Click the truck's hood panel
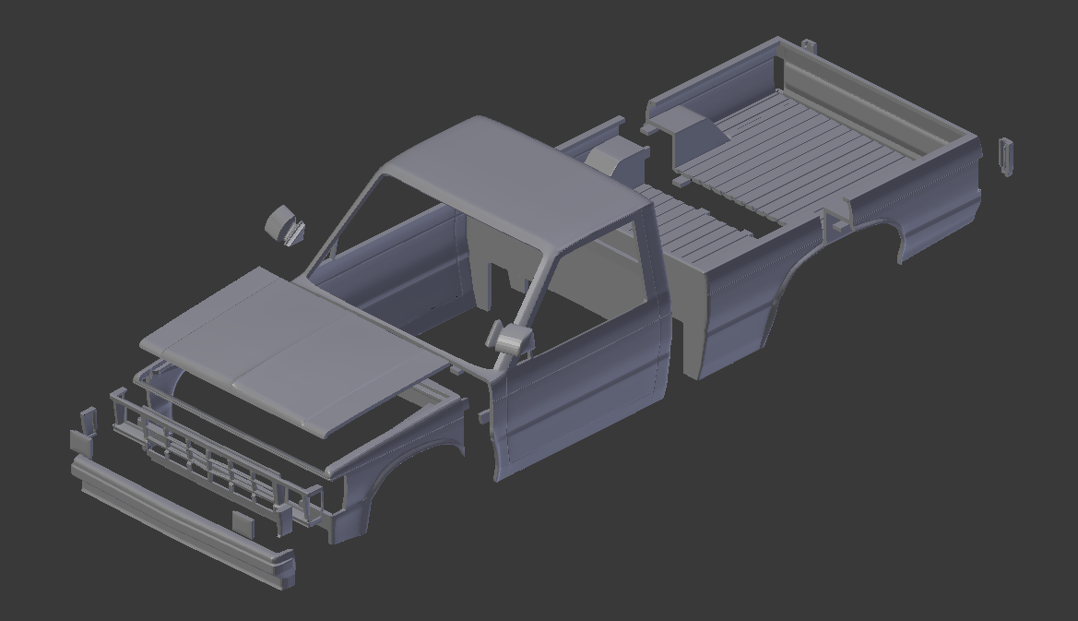(x=286, y=346)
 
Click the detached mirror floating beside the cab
(x=285, y=226)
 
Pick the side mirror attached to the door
(x=512, y=339)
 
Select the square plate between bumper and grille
(x=243, y=522)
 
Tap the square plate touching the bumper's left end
(x=81, y=442)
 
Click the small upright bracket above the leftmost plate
(x=89, y=419)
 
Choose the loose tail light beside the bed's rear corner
(x=1006, y=157)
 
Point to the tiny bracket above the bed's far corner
(x=809, y=44)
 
